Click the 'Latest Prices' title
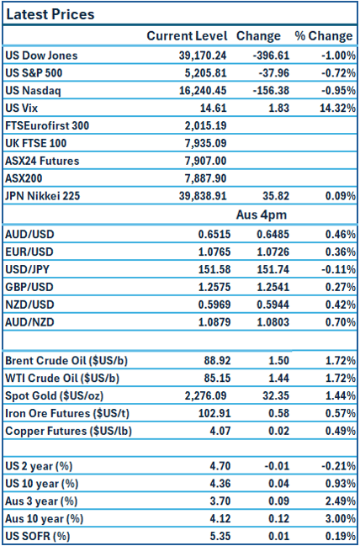50,14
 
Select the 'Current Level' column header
187,36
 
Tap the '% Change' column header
323,36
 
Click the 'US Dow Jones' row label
41,56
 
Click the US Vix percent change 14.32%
336,109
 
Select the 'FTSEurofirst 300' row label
47,125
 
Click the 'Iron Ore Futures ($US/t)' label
64,413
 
